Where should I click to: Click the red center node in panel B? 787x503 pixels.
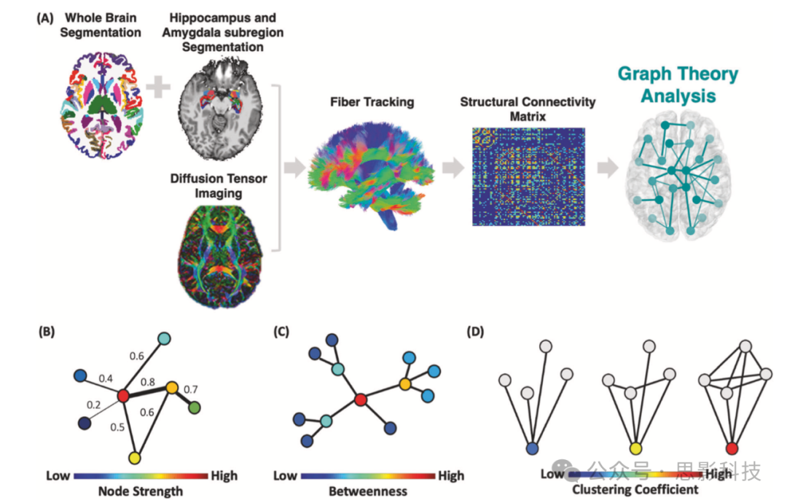tap(123, 395)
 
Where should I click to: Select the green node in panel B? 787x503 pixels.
tap(194, 409)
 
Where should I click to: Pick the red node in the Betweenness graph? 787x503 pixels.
tap(360, 399)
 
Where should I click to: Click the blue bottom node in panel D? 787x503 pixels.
tap(533, 448)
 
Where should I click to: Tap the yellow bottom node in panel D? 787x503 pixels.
tap(636, 448)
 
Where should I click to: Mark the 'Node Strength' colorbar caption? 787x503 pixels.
tap(140, 491)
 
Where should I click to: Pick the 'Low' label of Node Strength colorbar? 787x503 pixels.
tap(58, 475)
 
